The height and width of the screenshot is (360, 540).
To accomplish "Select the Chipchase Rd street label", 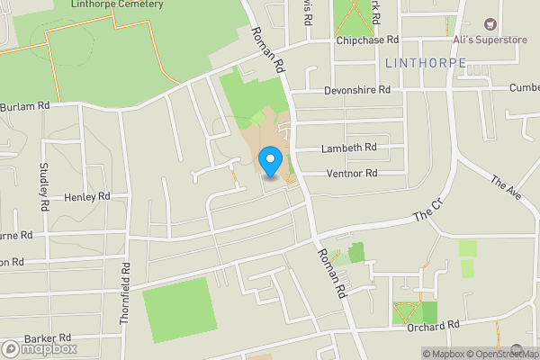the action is pyautogui.click(x=367, y=40).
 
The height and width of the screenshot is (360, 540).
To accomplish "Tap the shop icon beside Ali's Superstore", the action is pyautogui.click(x=490, y=24).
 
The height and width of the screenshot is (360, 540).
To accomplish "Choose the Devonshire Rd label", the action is pyautogui.click(x=358, y=90).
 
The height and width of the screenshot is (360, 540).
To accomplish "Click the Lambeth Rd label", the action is pyautogui.click(x=349, y=148).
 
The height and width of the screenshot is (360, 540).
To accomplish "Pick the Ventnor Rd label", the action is pyautogui.click(x=352, y=173).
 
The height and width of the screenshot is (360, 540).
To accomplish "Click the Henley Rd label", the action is pyautogui.click(x=86, y=196).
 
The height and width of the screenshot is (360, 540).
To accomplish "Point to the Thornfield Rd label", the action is pyautogui.click(x=125, y=292).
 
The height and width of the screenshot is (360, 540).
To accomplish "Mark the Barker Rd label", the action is pyautogui.click(x=48, y=338).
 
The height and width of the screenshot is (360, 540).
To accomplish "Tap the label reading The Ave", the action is pyautogui.click(x=507, y=188).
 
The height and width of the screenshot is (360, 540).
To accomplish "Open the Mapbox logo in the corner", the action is pyautogui.click(x=40, y=348).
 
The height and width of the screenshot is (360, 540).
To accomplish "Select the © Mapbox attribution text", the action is pyautogui.click(x=445, y=354).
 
